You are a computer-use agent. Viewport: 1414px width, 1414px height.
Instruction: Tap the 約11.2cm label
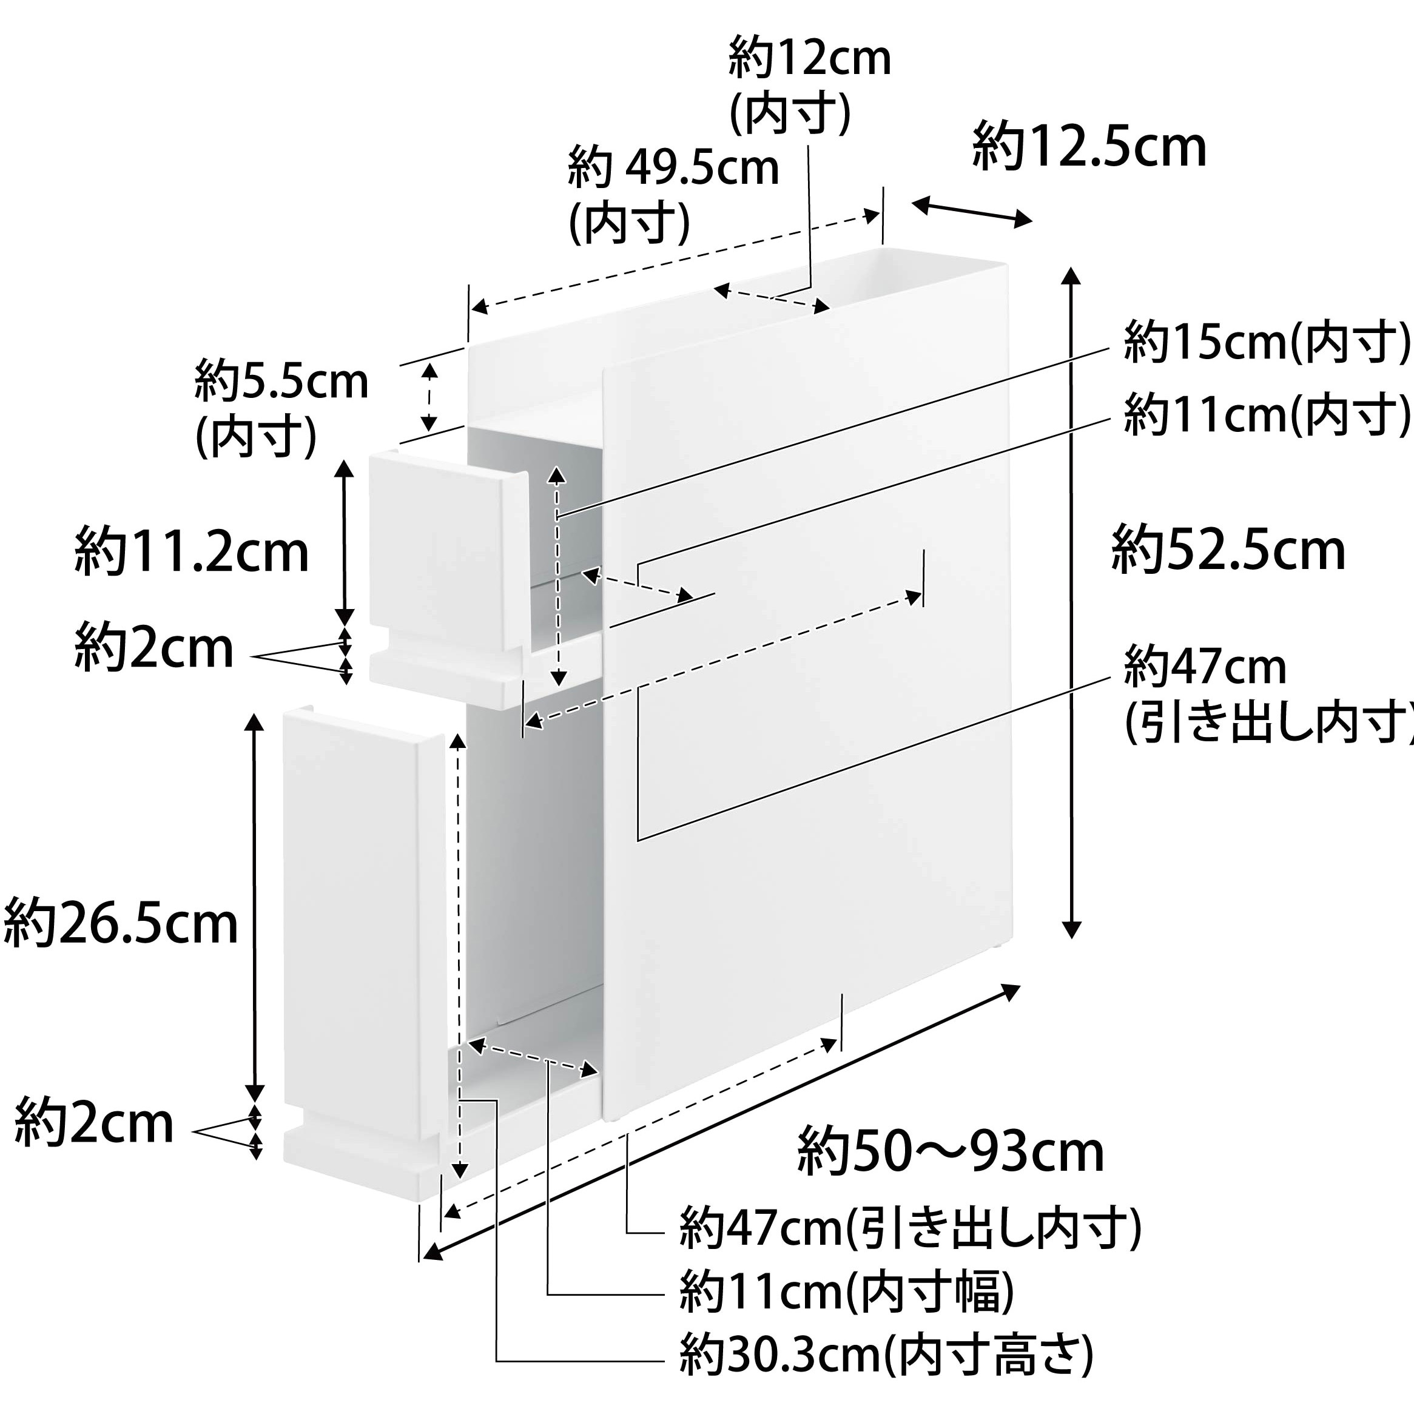coord(192,553)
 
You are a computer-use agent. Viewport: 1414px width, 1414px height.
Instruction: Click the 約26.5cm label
coord(121,924)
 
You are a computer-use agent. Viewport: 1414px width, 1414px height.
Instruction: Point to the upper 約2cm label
coord(153,648)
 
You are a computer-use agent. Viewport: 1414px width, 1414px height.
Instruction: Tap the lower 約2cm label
coord(93,1123)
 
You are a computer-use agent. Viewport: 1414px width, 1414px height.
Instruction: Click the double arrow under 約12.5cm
coord(972,210)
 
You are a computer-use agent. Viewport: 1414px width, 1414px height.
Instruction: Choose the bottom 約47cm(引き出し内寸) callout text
coord(911,1229)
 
